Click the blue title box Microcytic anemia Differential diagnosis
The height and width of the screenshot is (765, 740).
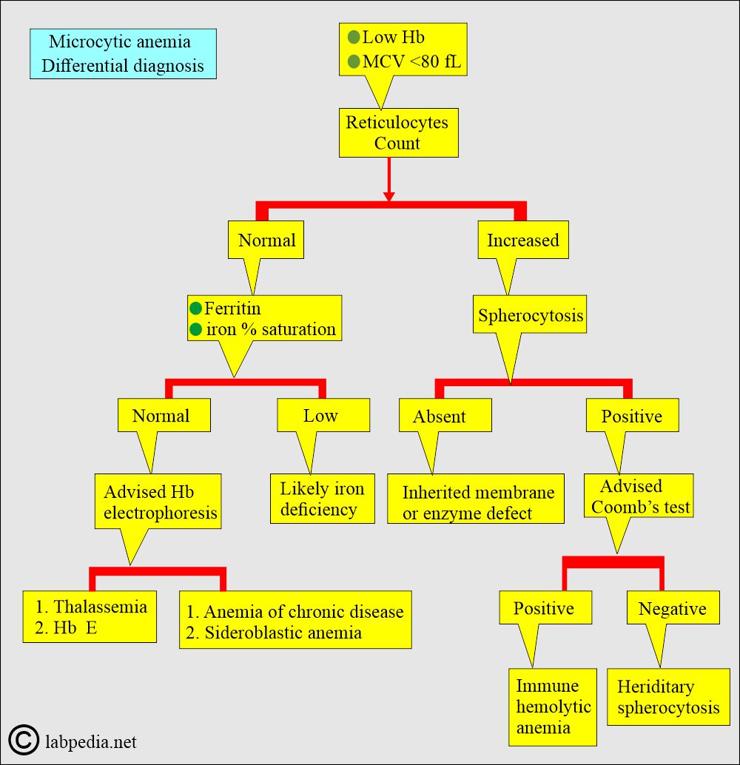click(x=123, y=54)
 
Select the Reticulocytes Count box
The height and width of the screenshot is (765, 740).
click(x=398, y=132)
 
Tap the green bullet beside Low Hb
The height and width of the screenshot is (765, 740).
click(x=354, y=37)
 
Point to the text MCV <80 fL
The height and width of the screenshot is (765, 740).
click(x=411, y=61)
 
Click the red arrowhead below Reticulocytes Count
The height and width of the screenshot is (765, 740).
click(x=389, y=196)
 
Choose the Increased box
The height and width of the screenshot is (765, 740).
click(x=522, y=240)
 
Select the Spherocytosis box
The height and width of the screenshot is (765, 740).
click(x=530, y=314)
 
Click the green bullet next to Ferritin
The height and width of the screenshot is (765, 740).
click(x=196, y=309)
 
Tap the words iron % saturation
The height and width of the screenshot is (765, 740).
click(x=271, y=329)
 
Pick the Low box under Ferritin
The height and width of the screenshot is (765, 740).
click(x=323, y=415)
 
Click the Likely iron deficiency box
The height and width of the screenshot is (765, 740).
click(x=323, y=499)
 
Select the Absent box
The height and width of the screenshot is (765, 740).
click(x=445, y=415)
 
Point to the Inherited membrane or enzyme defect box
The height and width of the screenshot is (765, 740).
click(x=476, y=499)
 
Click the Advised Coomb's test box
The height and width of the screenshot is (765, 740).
click(x=639, y=496)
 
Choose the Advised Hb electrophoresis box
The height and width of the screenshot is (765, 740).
click(x=158, y=501)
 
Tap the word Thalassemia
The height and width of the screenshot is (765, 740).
click(x=100, y=607)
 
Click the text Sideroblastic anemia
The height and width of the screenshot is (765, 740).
click(x=283, y=633)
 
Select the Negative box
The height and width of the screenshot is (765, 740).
click(x=673, y=607)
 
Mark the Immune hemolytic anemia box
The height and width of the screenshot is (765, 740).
click(x=553, y=707)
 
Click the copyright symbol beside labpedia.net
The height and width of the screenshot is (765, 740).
click(x=24, y=740)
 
